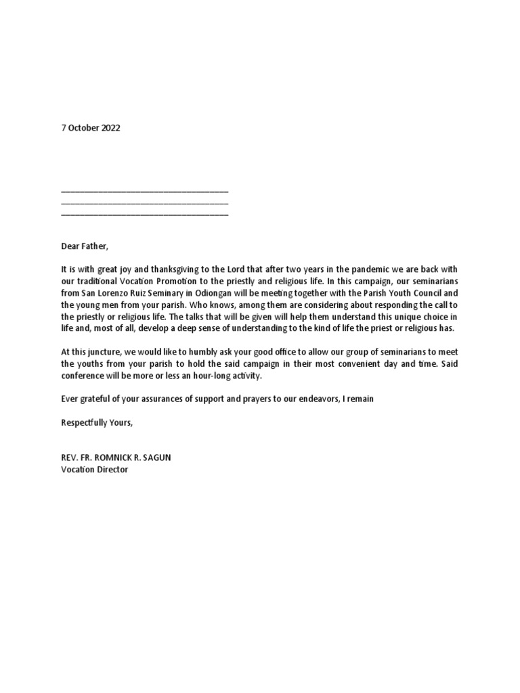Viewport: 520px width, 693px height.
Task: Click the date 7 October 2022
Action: [90, 128]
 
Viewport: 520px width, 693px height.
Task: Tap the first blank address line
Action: [144, 193]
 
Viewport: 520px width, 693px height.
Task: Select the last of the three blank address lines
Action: [144, 215]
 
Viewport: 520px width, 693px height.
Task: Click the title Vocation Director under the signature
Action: [94, 470]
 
